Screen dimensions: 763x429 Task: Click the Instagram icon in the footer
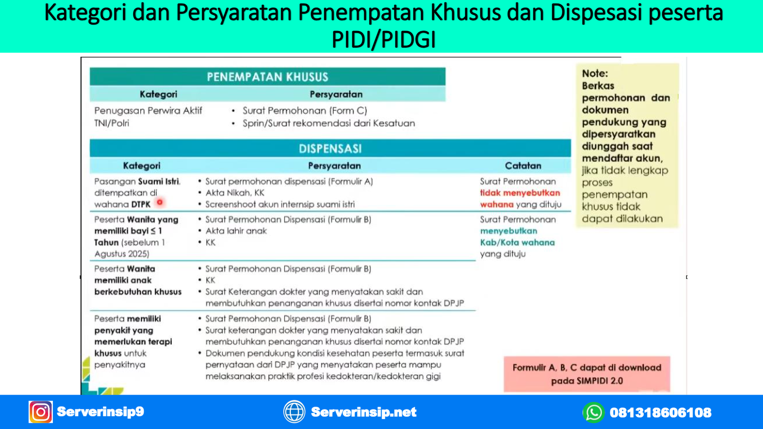click(x=41, y=412)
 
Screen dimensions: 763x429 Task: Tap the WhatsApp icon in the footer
click(x=593, y=412)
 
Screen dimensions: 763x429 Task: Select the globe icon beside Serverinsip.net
click(x=294, y=412)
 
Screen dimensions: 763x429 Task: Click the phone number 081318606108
click(x=660, y=413)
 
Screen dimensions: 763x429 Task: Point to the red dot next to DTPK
click(x=159, y=202)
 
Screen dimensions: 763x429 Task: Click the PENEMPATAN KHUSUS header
click(x=268, y=77)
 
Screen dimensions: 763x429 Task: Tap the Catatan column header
click(x=523, y=166)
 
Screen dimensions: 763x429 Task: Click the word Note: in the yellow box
click(x=595, y=73)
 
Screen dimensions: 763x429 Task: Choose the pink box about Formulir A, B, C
click(x=587, y=374)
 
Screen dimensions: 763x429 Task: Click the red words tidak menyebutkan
click(x=520, y=193)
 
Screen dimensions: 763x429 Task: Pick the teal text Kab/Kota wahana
click(x=517, y=243)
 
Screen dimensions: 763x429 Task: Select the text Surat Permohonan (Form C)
click(x=305, y=111)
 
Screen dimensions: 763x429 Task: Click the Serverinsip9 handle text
click(x=101, y=412)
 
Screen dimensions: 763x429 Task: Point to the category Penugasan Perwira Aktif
click(x=148, y=111)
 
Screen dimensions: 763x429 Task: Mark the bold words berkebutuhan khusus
click(x=138, y=292)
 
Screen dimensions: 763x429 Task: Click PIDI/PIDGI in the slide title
click(x=383, y=40)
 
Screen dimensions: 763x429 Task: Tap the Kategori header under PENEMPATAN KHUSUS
click(x=158, y=94)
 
